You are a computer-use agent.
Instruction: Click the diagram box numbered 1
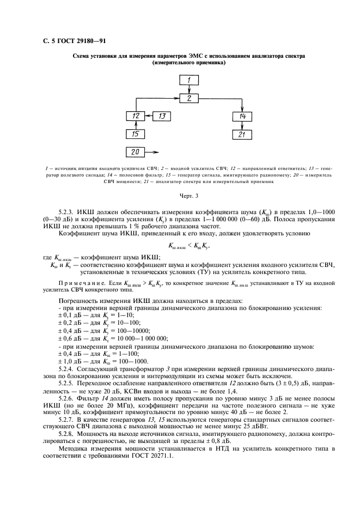click(x=188, y=81)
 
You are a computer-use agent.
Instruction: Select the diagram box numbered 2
click(x=188, y=99)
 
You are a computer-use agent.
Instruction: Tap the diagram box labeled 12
click(x=136, y=117)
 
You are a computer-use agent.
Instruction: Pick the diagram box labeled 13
click(x=162, y=117)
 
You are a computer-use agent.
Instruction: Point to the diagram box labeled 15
click(x=136, y=134)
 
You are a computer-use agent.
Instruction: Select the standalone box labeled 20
click(x=136, y=152)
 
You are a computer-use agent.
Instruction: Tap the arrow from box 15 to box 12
click(x=136, y=125)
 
